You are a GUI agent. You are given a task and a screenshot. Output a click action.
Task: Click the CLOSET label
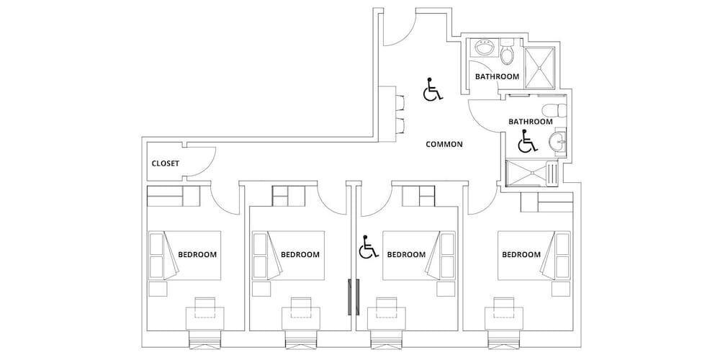166,163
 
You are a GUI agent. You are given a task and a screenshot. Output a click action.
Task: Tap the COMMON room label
444,144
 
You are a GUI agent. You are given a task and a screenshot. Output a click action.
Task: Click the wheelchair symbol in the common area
433,89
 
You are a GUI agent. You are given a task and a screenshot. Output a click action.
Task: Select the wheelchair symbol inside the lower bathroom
527,141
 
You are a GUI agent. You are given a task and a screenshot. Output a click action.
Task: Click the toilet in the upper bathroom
508,51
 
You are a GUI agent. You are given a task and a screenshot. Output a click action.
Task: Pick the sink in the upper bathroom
484,48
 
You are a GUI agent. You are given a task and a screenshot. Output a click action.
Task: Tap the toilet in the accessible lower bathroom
554,110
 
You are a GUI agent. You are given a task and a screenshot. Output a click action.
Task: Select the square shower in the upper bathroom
540,68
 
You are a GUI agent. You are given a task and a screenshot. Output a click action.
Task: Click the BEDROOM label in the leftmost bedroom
197,254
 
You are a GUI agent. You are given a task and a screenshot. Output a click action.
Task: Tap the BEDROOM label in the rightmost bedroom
521,254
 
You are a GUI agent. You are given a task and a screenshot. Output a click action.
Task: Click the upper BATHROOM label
497,77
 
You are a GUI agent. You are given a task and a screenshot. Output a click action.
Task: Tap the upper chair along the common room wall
400,103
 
